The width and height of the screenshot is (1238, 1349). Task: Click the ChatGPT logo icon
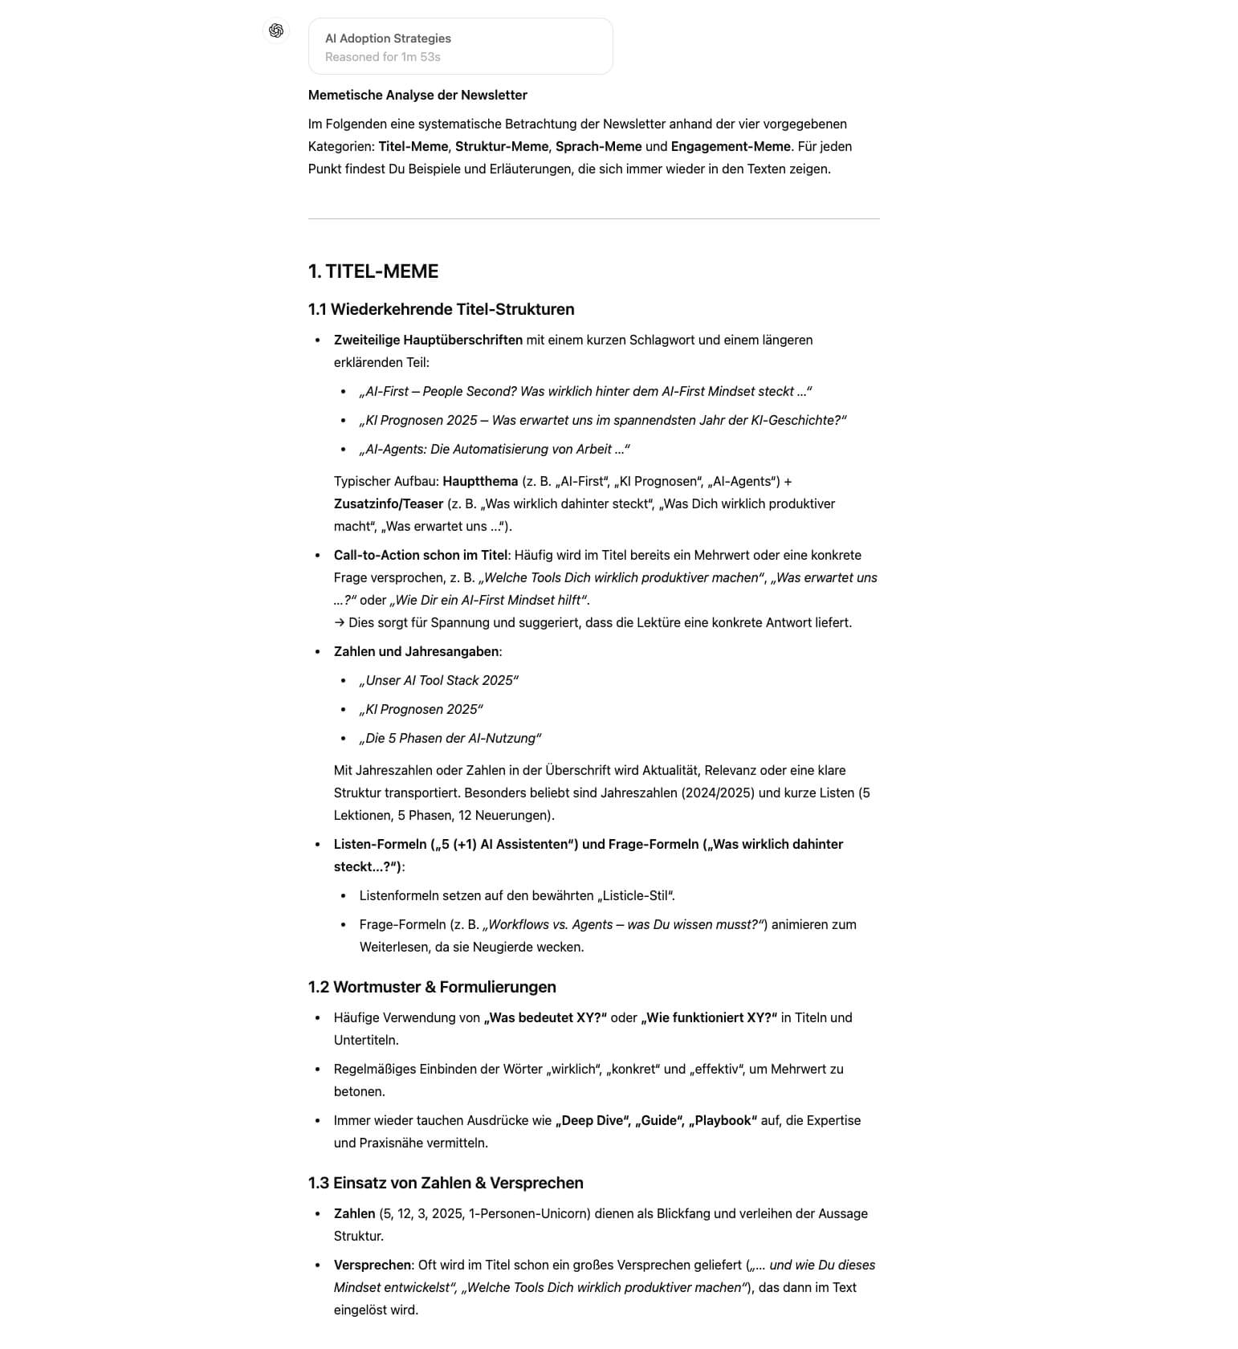276,31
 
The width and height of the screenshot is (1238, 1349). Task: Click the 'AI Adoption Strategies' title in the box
388,39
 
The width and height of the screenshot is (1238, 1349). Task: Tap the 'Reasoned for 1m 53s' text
382,57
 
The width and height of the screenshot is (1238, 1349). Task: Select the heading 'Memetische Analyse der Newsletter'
417,95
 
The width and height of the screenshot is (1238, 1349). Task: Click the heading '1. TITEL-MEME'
373,271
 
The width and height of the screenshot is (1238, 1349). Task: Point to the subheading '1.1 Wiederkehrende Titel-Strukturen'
441,309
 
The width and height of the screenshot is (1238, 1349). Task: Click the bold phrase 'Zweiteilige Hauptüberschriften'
428,340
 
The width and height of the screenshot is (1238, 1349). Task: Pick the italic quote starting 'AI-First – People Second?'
585,391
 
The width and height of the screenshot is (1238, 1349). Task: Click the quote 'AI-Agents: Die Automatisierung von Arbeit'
494,449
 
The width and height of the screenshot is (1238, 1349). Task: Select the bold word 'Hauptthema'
480,481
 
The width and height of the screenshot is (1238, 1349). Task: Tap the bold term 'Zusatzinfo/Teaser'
389,503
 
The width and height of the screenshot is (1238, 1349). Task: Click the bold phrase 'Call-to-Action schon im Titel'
421,555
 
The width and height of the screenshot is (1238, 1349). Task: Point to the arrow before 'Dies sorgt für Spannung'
340,622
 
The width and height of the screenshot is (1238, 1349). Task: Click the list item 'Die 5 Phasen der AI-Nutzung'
450,738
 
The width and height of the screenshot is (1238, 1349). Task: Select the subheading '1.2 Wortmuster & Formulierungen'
432,987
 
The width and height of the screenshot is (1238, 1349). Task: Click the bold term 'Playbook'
725,1120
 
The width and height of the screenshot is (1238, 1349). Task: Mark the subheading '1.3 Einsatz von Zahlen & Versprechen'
446,1183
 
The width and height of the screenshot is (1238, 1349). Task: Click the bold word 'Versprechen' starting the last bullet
373,1265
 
